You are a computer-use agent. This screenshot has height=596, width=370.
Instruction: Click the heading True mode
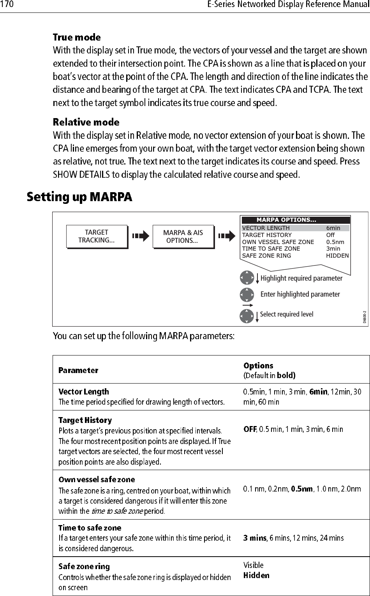click(77, 38)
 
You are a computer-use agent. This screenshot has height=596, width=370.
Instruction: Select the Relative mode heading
click(86, 122)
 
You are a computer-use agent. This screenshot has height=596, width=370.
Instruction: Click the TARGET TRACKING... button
click(97, 237)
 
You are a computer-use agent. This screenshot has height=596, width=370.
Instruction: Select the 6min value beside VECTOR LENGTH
click(333, 228)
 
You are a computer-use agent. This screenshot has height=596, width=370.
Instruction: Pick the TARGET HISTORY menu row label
click(267, 235)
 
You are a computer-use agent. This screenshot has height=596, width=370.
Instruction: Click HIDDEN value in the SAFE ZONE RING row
click(337, 256)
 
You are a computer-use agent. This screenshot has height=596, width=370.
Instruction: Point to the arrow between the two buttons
click(141, 236)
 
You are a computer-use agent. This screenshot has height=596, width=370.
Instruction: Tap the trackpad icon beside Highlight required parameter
click(247, 278)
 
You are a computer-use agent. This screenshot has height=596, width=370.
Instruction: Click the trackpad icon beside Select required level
click(247, 316)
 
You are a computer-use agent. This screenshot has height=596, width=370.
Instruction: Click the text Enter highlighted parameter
click(300, 294)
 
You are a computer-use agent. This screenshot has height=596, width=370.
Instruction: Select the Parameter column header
click(78, 370)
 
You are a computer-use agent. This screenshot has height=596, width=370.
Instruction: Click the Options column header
click(258, 366)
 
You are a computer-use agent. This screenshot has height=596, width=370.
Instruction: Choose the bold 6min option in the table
click(318, 392)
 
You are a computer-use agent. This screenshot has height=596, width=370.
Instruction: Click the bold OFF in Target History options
click(250, 429)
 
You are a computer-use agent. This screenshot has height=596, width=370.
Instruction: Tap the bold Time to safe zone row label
click(90, 528)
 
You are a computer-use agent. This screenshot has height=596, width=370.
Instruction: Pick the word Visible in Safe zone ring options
click(253, 565)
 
